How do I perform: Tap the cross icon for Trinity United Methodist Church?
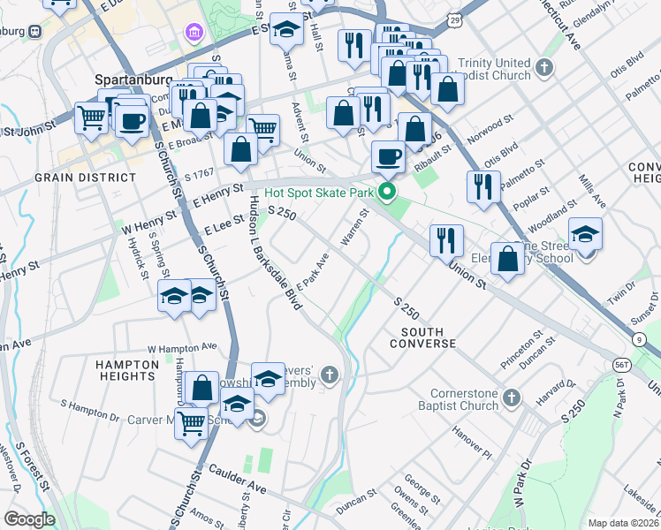[x=545, y=67]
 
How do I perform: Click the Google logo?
[x=29, y=519]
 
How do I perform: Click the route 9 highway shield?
[x=637, y=339]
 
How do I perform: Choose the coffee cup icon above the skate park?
[x=388, y=157]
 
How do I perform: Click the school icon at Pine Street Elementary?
[x=585, y=235]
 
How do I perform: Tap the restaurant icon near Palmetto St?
[x=483, y=187]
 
